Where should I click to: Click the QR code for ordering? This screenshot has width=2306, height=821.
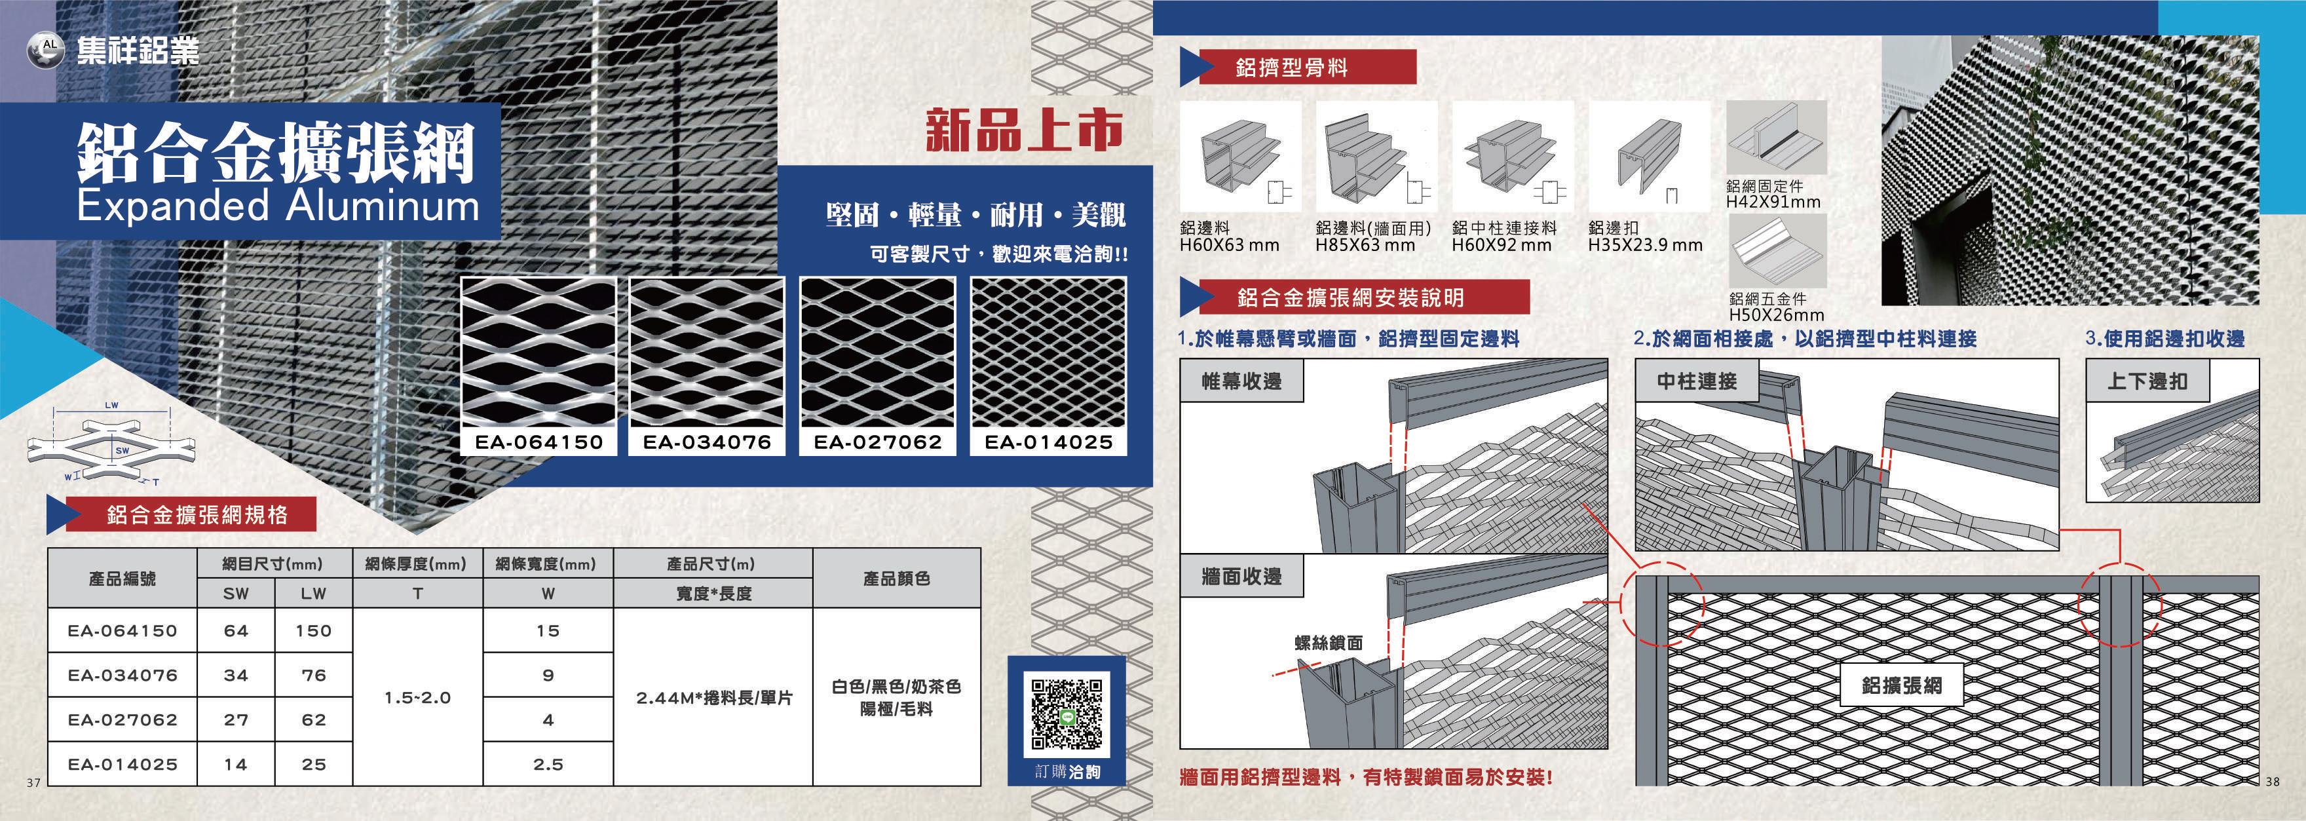pyautogui.click(x=1066, y=714)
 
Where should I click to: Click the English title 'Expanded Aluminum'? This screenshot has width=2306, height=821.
pyautogui.click(x=278, y=206)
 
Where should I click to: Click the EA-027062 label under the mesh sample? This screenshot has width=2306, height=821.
pyautogui.click(x=877, y=442)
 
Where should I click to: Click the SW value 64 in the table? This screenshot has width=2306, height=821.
pyautogui.click(x=235, y=630)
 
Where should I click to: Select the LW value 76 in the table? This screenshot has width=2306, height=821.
pyautogui.click(x=313, y=675)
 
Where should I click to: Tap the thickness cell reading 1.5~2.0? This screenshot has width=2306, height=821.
pyautogui.click(x=417, y=697)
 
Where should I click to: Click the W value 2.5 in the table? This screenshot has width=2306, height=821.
pyautogui.click(x=548, y=765)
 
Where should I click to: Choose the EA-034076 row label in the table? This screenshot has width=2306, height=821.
pyautogui.click(x=123, y=675)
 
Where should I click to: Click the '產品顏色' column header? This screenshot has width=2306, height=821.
pyautogui.click(x=896, y=579)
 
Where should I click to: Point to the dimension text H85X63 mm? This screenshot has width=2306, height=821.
pyautogui.click(x=1365, y=245)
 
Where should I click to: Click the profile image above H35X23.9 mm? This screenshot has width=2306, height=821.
pyautogui.click(x=1649, y=157)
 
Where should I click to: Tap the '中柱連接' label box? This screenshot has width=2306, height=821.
pyautogui.click(x=1696, y=381)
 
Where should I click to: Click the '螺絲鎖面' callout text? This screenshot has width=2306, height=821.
pyautogui.click(x=1329, y=643)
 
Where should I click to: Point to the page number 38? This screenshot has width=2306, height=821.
pyautogui.click(x=2273, y=782)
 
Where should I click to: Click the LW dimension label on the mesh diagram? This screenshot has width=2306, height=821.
pyautogui.click(x=111, y=406)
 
